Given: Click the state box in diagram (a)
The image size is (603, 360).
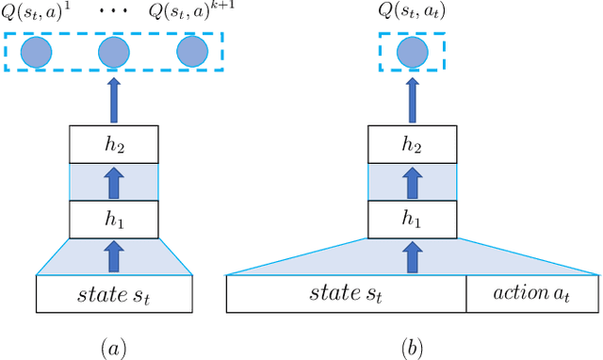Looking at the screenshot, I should pos(113,293).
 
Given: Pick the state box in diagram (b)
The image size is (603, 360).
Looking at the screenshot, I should pos(346,293).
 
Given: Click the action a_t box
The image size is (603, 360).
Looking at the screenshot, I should pos(532,293).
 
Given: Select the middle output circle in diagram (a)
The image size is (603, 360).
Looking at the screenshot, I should pos(113,52).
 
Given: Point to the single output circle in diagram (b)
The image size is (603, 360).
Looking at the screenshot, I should pos(411,52).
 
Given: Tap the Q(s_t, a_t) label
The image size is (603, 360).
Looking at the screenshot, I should pos(411,12).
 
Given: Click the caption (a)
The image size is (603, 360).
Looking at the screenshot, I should pos(113,347).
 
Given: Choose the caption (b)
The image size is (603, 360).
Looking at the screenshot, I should pos(411,347).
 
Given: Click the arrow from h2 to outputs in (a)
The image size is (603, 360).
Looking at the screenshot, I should pos(113,100).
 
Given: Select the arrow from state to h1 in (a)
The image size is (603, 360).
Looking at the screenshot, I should pos(113,255).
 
